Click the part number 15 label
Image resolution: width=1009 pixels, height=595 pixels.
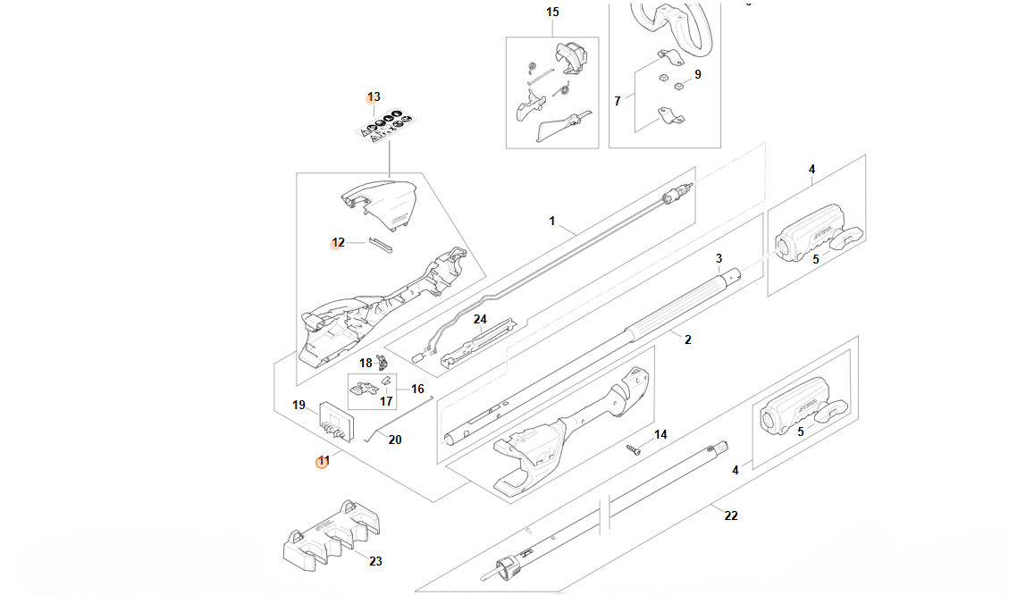coord(552,12)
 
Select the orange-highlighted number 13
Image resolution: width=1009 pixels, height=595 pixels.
coord(374,96)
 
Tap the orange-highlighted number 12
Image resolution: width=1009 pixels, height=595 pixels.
coord(338,242)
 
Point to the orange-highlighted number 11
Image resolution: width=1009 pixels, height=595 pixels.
coord(324,461)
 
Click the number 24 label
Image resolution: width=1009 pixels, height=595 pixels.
coord(480,319)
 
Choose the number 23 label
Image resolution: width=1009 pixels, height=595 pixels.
coord(375,561)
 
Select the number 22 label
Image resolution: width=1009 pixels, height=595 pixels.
coord(731,515)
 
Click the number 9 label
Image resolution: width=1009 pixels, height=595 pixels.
coord(698,74)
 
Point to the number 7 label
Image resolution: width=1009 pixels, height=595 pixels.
coord(617,101)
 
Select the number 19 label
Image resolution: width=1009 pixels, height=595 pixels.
coord(298,405)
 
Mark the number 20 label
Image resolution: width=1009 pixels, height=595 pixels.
coord(395,440)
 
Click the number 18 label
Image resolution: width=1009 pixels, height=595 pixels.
coord(366,363)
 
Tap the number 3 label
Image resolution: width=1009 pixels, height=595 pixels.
coord(719,258)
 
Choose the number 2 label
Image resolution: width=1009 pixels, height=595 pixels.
coord(687,339)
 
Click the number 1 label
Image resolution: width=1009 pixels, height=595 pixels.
coord(552,220)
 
